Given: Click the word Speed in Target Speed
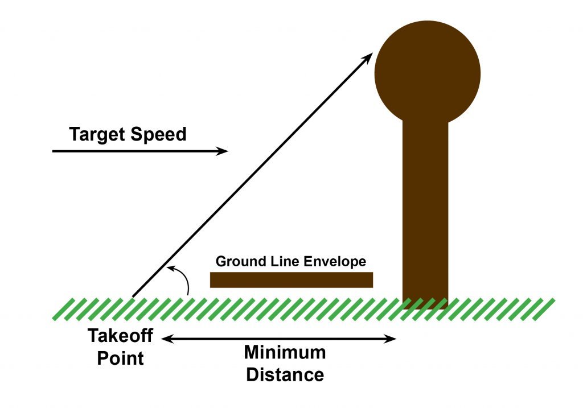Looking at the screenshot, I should [159, 135].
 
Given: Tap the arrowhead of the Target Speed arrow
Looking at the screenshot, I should [223, 151].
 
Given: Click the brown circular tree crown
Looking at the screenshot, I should [427, 72].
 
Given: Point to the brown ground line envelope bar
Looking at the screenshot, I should [291, 280].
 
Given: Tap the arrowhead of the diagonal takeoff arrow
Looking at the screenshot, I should [369, 56].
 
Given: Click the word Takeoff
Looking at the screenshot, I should [120, 336].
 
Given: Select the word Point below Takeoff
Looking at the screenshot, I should [120, 358].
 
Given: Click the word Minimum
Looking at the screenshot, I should [285, 352].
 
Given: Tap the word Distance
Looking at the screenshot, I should [285, 375].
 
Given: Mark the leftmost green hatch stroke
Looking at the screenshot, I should [59, 308].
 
